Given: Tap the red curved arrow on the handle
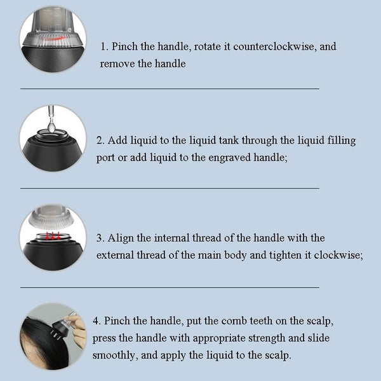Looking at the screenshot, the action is click(x=54, y=39).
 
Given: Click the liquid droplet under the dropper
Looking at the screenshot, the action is click(x=51, y=127).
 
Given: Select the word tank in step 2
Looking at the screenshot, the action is click(x=229, y=141).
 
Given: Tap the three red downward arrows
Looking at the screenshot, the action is click(x=53, y=236).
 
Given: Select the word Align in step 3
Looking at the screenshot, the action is click(x=121, y=239).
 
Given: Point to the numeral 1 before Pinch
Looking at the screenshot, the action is click(x=104, y=46).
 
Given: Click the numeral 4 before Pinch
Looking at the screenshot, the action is click(x=96, y=321).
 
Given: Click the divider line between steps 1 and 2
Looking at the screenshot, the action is click(x=170, y=88).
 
